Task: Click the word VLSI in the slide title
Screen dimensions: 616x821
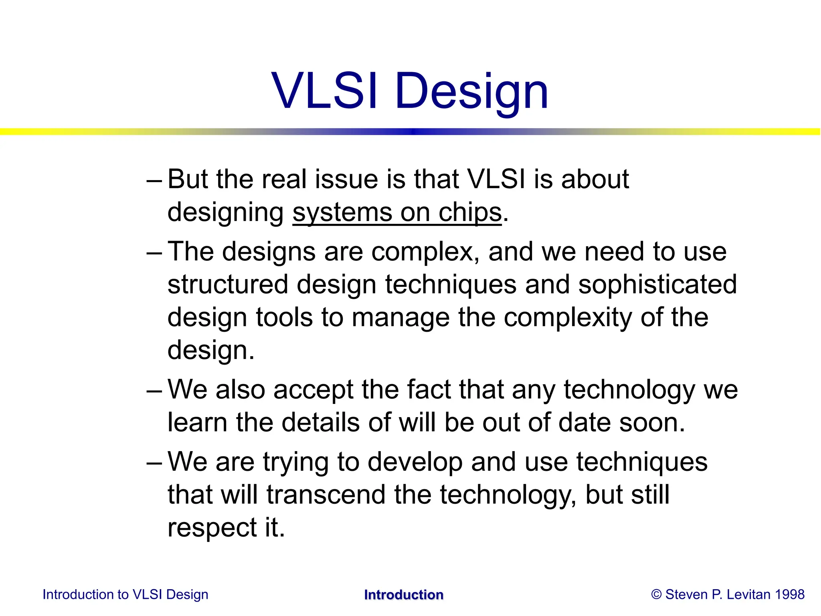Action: (324, 91)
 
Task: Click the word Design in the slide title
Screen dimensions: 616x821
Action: (471, 92)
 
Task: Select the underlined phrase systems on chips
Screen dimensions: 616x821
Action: (397, 213)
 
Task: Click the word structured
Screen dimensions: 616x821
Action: (228, 285)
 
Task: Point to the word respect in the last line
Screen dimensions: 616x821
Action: (212, 529)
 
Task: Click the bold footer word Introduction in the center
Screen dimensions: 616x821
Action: (404, 595)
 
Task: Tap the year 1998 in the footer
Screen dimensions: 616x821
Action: (789, 594)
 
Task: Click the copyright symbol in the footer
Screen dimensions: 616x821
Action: (656, 594)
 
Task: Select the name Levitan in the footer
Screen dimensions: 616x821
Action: (748, 594)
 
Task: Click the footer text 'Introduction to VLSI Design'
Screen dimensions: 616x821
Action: (125, 594)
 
